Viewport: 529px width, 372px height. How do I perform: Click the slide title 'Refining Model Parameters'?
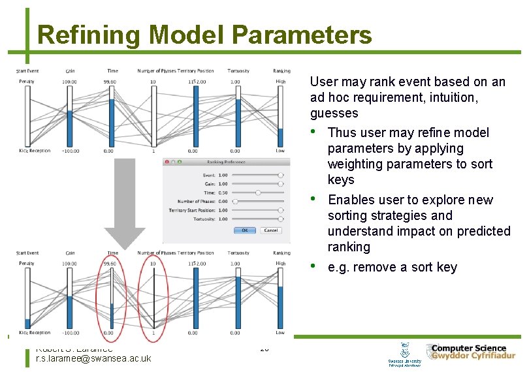204,35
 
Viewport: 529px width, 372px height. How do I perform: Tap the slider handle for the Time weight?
259,193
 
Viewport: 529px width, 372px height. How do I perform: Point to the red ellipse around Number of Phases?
154,292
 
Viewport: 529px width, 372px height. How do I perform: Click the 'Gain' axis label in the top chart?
70,71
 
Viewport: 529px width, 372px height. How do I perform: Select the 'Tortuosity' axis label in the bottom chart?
238,253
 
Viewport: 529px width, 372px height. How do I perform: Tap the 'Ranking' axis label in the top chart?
281,71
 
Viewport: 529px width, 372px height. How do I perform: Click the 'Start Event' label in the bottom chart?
27,253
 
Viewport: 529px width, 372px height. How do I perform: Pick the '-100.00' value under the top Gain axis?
70,151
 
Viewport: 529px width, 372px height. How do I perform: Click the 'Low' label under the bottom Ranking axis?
280,333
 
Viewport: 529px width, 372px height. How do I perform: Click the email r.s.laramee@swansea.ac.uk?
93,358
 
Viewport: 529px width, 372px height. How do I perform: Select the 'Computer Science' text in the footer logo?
468,349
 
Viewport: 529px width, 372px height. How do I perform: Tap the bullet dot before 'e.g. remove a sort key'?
315,266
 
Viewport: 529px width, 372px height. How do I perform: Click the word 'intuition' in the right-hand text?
454,97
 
